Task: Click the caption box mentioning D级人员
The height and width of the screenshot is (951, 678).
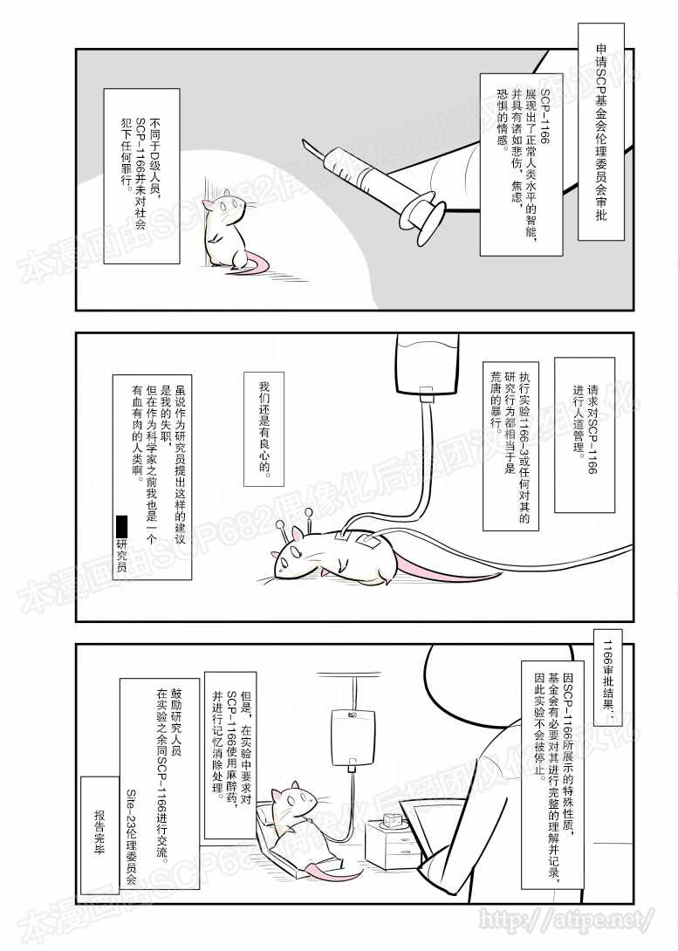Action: coord(142,176)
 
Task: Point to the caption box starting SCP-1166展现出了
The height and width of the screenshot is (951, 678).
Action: coord(521,164)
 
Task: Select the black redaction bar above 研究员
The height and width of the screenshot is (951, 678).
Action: coord(121,524)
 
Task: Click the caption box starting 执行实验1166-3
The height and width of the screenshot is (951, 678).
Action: coord(510,446)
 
